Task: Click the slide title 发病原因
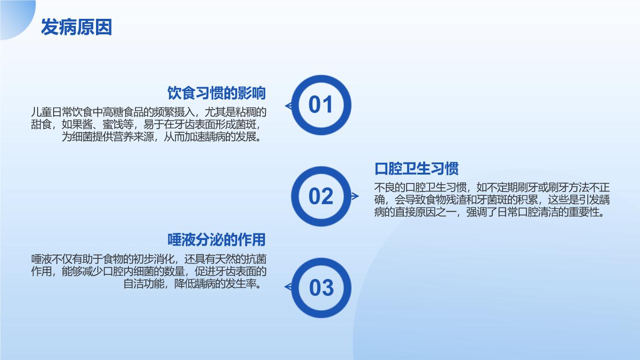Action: [76, 27]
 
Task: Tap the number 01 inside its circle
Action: [320, 104]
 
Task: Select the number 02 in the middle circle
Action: [321, 196]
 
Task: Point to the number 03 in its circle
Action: [321, 288]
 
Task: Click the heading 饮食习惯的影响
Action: [216, 93]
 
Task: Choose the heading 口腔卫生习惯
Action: [416, 168]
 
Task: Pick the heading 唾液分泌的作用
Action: [216, 240]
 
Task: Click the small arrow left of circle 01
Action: [288, 106]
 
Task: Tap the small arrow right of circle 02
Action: [355, 196]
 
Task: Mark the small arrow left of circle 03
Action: [288, 287]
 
